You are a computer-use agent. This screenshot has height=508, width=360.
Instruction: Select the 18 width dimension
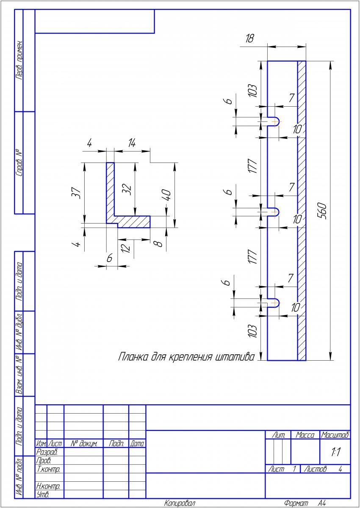point(249,39)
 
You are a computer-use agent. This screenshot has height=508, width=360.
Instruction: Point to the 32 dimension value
point(127,189)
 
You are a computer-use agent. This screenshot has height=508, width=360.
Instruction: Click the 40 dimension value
point(166,195)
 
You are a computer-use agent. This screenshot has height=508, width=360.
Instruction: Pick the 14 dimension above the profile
point(132,143)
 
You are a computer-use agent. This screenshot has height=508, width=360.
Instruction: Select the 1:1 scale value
point(335,452)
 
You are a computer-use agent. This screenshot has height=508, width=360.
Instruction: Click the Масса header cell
point(305,435)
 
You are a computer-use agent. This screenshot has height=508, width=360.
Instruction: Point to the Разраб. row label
point(47,452)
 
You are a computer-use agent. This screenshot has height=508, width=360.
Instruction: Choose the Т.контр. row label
point(48,469)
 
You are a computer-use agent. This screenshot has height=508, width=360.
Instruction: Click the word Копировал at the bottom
point(180,503)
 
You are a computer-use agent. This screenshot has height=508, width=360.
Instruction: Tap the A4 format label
point(322,503)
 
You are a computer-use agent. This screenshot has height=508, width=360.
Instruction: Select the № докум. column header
point(84,444)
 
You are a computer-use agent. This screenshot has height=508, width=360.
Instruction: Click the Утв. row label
point(43,494)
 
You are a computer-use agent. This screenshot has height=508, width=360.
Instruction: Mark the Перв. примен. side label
point(19,60)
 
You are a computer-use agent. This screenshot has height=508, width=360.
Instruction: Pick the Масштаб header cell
point(335,435)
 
